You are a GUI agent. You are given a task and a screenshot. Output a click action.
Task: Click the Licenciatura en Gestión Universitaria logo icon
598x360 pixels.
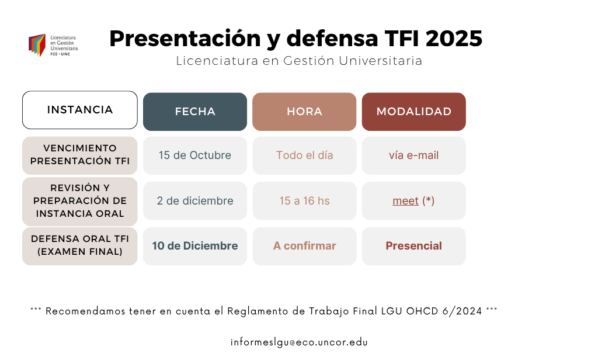click(37, 44)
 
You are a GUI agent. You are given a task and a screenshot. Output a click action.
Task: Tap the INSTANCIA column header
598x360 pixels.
click(80, 110)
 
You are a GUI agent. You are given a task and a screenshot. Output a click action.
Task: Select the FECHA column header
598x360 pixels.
click(195, 112)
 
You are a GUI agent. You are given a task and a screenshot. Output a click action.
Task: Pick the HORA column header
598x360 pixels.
click(304, 112)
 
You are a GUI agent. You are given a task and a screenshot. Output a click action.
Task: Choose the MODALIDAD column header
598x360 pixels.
click(414, 112)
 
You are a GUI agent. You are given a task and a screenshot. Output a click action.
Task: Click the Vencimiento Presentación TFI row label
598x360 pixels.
click(80, 155)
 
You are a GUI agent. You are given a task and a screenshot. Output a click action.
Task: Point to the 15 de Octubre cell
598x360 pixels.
click(195, 155)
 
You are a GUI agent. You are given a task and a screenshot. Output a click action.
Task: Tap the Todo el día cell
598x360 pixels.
click(304, 155)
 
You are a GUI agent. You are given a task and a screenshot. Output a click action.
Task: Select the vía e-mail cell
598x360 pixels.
click(414, 155)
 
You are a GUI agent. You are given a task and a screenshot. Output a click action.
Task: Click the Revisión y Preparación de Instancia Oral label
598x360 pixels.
click(80, 201)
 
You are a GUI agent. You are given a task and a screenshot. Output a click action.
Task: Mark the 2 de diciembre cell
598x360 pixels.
click(195, 201)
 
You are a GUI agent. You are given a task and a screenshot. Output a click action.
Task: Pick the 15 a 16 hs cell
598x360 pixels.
click(304, 201)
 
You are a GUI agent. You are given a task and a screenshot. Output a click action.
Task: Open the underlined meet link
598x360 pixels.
click(405, 201)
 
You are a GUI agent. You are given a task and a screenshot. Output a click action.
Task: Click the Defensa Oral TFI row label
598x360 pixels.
click(80, 245)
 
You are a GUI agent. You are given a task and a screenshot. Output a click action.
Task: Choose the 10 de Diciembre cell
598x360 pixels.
click(195, 246)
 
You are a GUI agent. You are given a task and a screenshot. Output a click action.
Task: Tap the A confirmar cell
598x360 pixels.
click(304, 246)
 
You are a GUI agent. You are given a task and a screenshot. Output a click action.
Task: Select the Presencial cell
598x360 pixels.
click(414, 246)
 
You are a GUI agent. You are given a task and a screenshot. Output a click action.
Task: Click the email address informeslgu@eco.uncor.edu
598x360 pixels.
click(299, 342)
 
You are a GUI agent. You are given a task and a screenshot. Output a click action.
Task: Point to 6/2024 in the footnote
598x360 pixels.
click(465, 311)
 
